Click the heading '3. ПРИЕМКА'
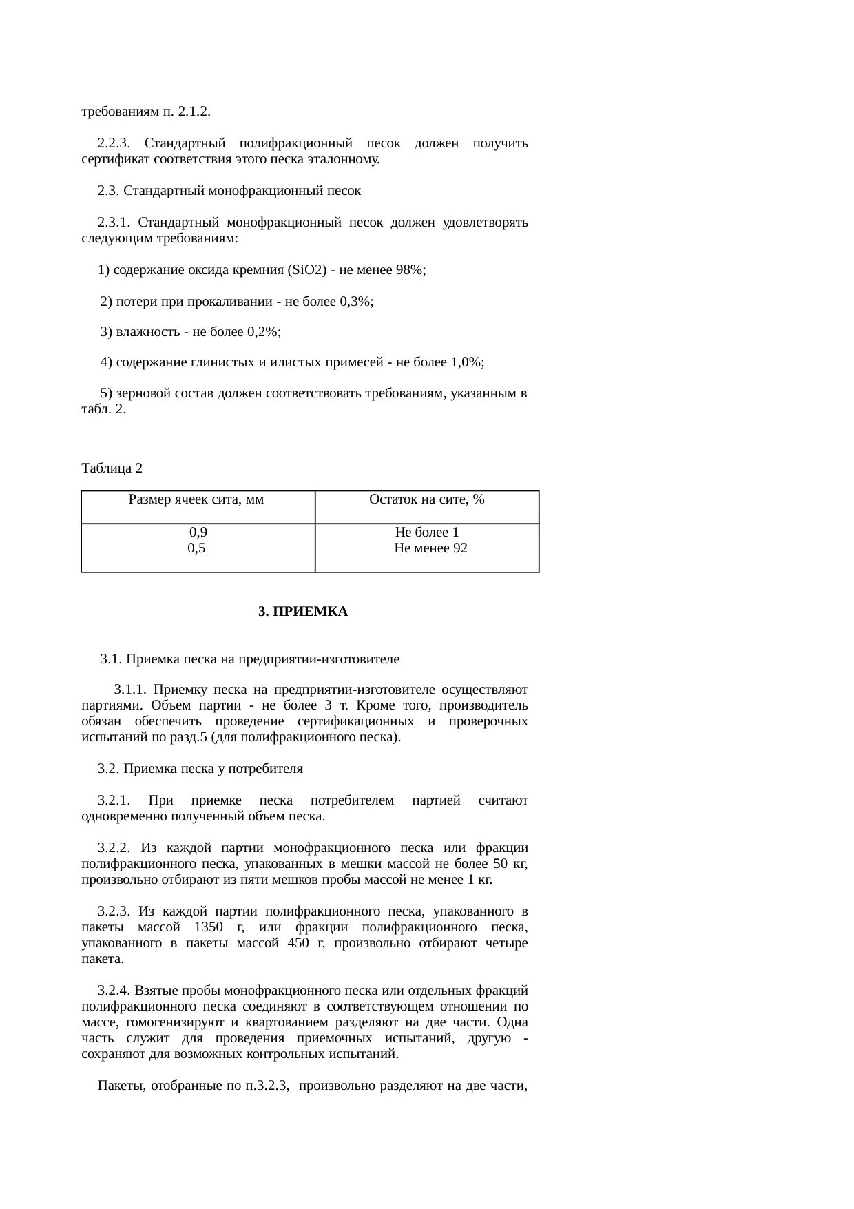[x=303, y=612]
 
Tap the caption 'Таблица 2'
[x=112, y=468]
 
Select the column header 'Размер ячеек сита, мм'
[x=196, y=499]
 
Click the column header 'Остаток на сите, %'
[x=427, y=499]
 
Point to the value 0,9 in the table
[x=198, y=533]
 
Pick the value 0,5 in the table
[x=196, y=548]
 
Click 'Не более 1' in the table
[x=427, y=533]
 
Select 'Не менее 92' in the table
[x=430, y=548]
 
